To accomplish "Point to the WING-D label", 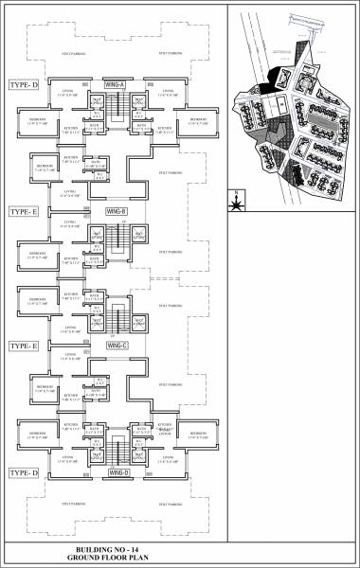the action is pos(117,471).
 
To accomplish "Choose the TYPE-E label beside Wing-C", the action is pos(23,347).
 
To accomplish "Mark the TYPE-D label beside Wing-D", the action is pos(23,471).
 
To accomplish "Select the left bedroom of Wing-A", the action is pos(38,120).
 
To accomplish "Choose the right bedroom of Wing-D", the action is pos(197,437).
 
